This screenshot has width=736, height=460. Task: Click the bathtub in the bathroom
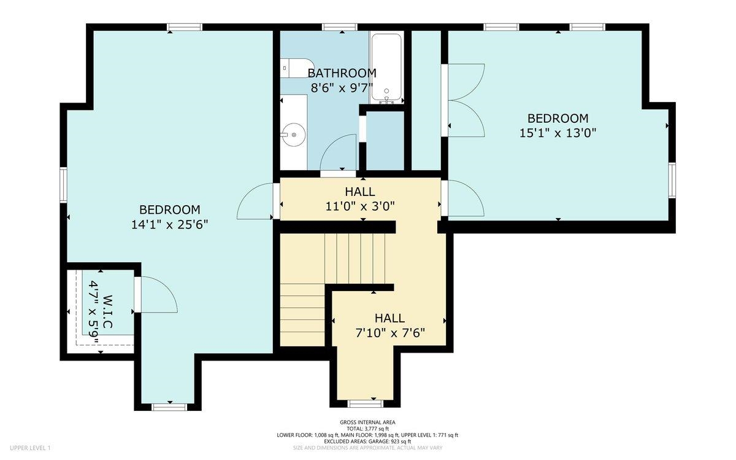[x=386, y=68]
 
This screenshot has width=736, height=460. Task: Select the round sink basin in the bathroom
[x=294, y=134]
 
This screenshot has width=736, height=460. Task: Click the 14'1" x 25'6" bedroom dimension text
[x=169, y=225]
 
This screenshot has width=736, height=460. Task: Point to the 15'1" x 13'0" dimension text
[x=558, y=133]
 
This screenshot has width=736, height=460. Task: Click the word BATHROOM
[x=342, y=73]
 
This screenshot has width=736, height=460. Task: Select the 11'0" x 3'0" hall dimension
[x=360, y=206]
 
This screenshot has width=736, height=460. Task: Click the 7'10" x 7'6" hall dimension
[x=390, y=333]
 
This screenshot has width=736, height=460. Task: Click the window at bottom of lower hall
[x=366, y=403]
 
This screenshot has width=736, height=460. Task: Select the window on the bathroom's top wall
[x=339, y=27]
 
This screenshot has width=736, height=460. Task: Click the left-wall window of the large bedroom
[x=63, y=185]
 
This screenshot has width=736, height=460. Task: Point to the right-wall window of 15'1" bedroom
[x=672, y=181]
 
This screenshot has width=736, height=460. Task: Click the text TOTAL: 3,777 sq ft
[x=367, y=429]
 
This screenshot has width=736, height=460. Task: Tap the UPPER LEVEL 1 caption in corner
[x=30, y=448]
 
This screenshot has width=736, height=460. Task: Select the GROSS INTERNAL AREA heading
[x=367, y=422]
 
